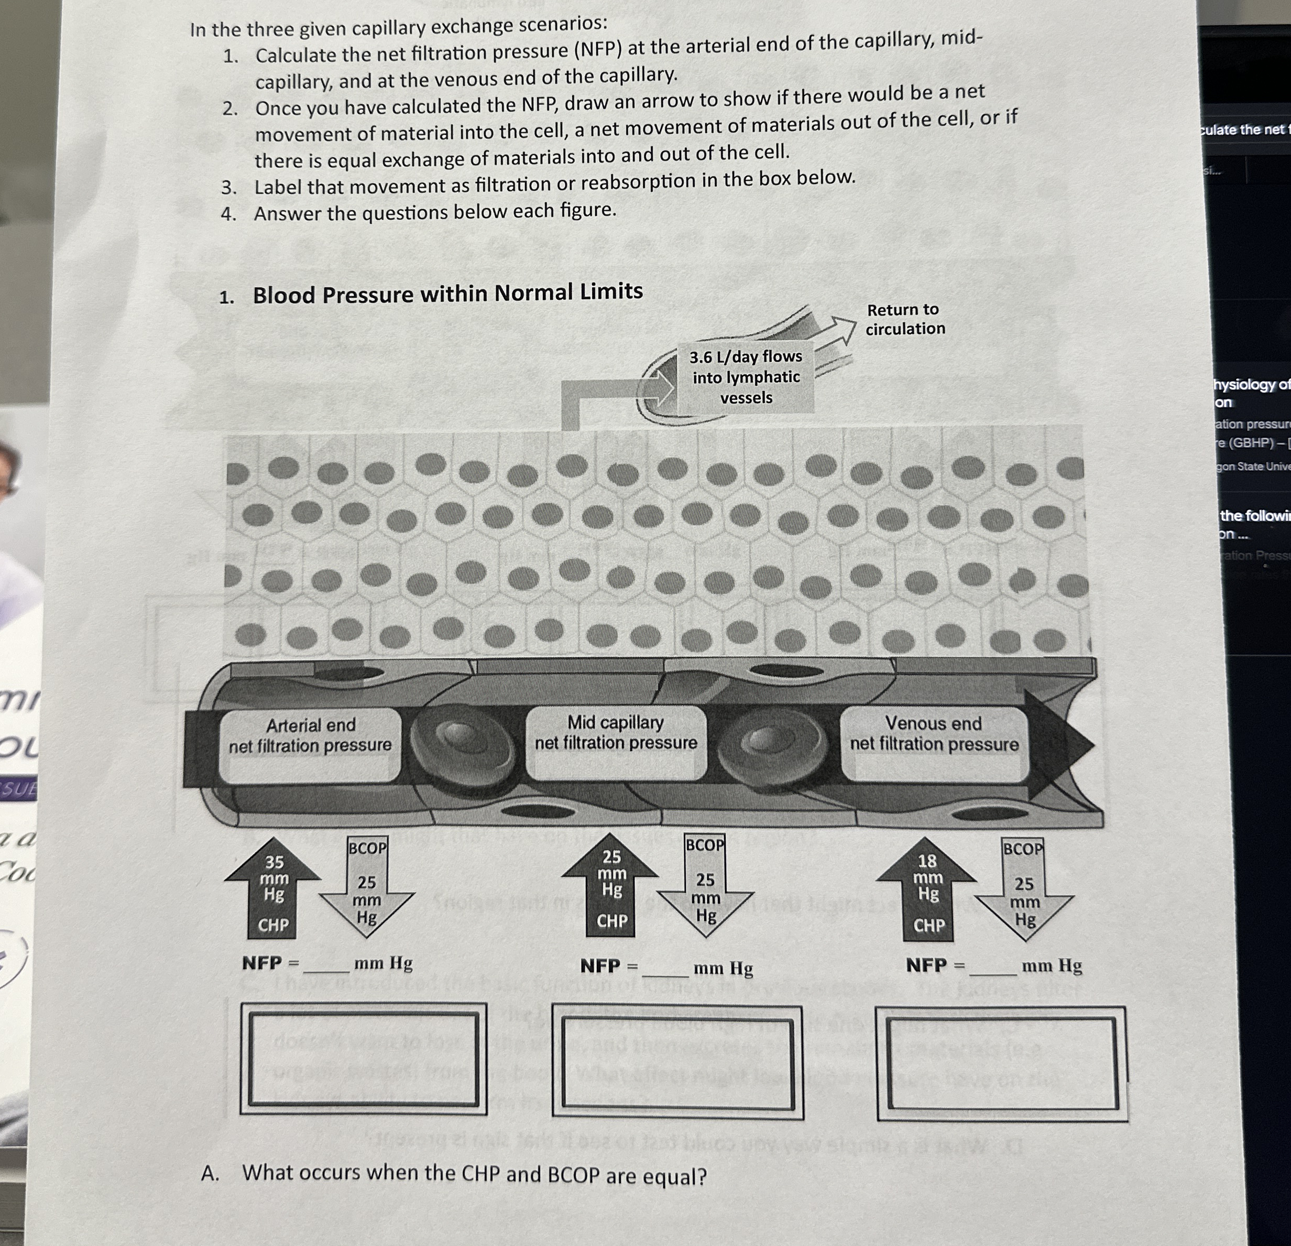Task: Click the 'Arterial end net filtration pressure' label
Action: click(310, 735)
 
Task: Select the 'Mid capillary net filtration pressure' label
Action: click(616, 733)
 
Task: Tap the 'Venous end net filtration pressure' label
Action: click(934, 734)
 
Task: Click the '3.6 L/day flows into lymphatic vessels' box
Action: click(746, 377)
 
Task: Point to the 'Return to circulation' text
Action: click(904, 319)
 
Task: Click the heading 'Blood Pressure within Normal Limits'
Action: click(447, 292)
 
